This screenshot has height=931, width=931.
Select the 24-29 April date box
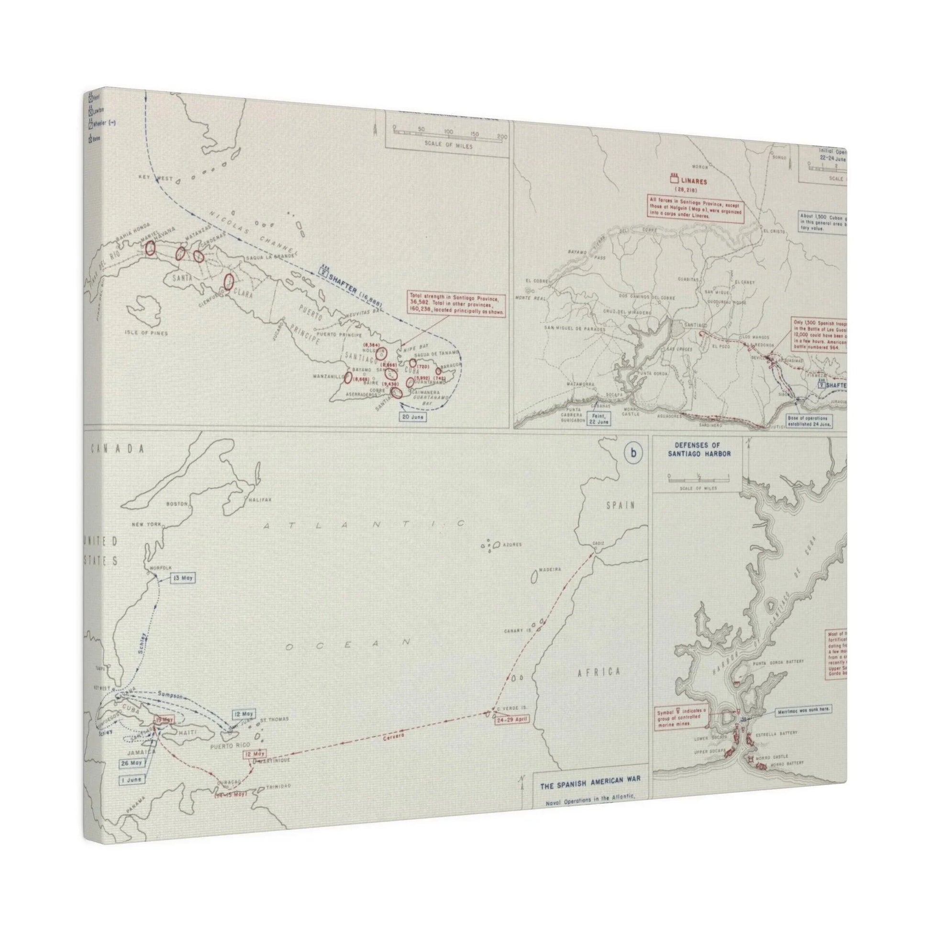(x=512, y=733)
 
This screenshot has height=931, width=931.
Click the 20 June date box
(x=412, y=416)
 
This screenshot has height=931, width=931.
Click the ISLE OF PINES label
(x=149, y=332)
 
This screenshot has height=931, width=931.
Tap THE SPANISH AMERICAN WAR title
(x=590, y=786)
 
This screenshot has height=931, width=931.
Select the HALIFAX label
(x=261, y=500)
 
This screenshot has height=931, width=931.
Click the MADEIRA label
(x=551, y=569)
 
